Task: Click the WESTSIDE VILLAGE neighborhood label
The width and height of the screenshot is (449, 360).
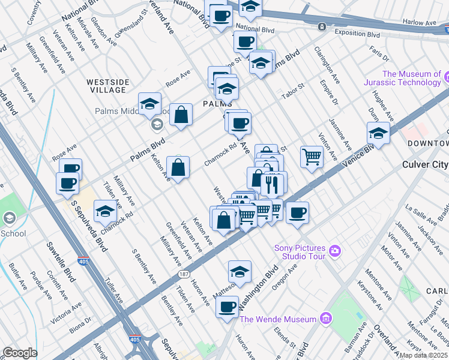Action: tap(106, 86)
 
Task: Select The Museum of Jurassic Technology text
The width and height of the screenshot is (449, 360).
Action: tap(411, 79)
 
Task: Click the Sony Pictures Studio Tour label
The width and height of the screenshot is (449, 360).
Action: tap(300, 252)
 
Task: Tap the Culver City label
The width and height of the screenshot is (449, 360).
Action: tap(424, 164)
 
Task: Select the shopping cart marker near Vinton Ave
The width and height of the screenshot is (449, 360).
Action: tap(312, 157)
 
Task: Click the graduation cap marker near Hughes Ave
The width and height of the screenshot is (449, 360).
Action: tap(378, 133)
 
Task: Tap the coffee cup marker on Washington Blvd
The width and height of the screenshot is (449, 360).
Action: tap(227, 307)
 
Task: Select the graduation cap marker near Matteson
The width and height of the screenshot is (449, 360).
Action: tap(240, 271)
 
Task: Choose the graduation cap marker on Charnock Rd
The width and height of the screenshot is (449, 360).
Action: tap(105, 211)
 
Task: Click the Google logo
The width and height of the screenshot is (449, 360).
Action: tap(20, 353)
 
